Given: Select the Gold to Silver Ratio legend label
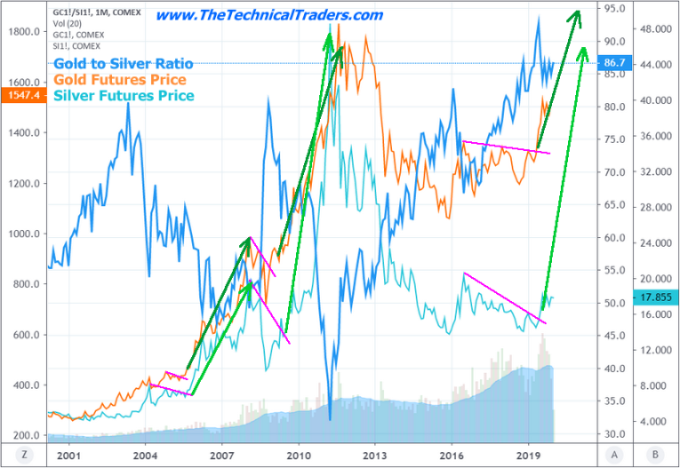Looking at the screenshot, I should click(123, 64).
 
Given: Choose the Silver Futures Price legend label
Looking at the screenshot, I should click(123, 95).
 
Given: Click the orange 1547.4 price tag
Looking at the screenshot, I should click(22, 93).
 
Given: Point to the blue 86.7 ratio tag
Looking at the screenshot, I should click(613, 64).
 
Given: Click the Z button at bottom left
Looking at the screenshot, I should click(26, 453).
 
